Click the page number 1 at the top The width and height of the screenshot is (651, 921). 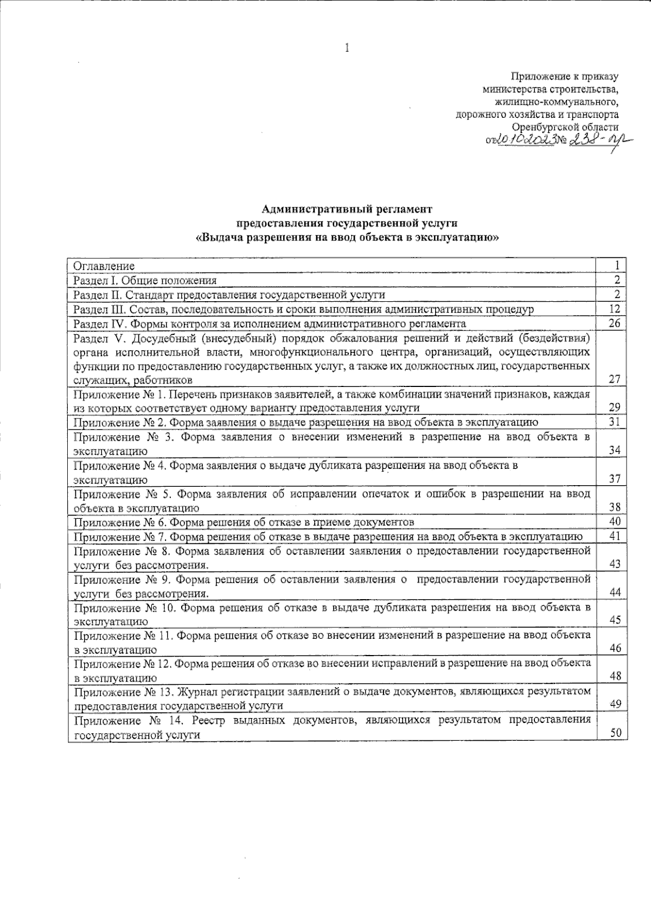tap(347, 48)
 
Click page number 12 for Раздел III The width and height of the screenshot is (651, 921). tap(615, 309)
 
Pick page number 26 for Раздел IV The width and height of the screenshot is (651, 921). tap(615, 323)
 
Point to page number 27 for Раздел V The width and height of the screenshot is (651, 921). tap(615, 379)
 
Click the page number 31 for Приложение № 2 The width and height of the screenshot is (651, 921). tap(615, 422)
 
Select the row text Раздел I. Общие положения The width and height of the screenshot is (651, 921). tap(145, 280)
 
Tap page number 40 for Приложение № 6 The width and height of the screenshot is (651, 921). tap(615, 522)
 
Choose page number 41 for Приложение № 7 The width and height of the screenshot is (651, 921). tap(615, 536)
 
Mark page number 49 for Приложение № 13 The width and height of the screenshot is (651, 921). tap(615, 704)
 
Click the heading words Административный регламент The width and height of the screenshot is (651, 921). tap(347, 209)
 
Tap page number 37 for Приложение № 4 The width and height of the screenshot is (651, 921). tap(615, 479)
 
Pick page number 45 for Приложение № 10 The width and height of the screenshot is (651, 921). tap(615, 620)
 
